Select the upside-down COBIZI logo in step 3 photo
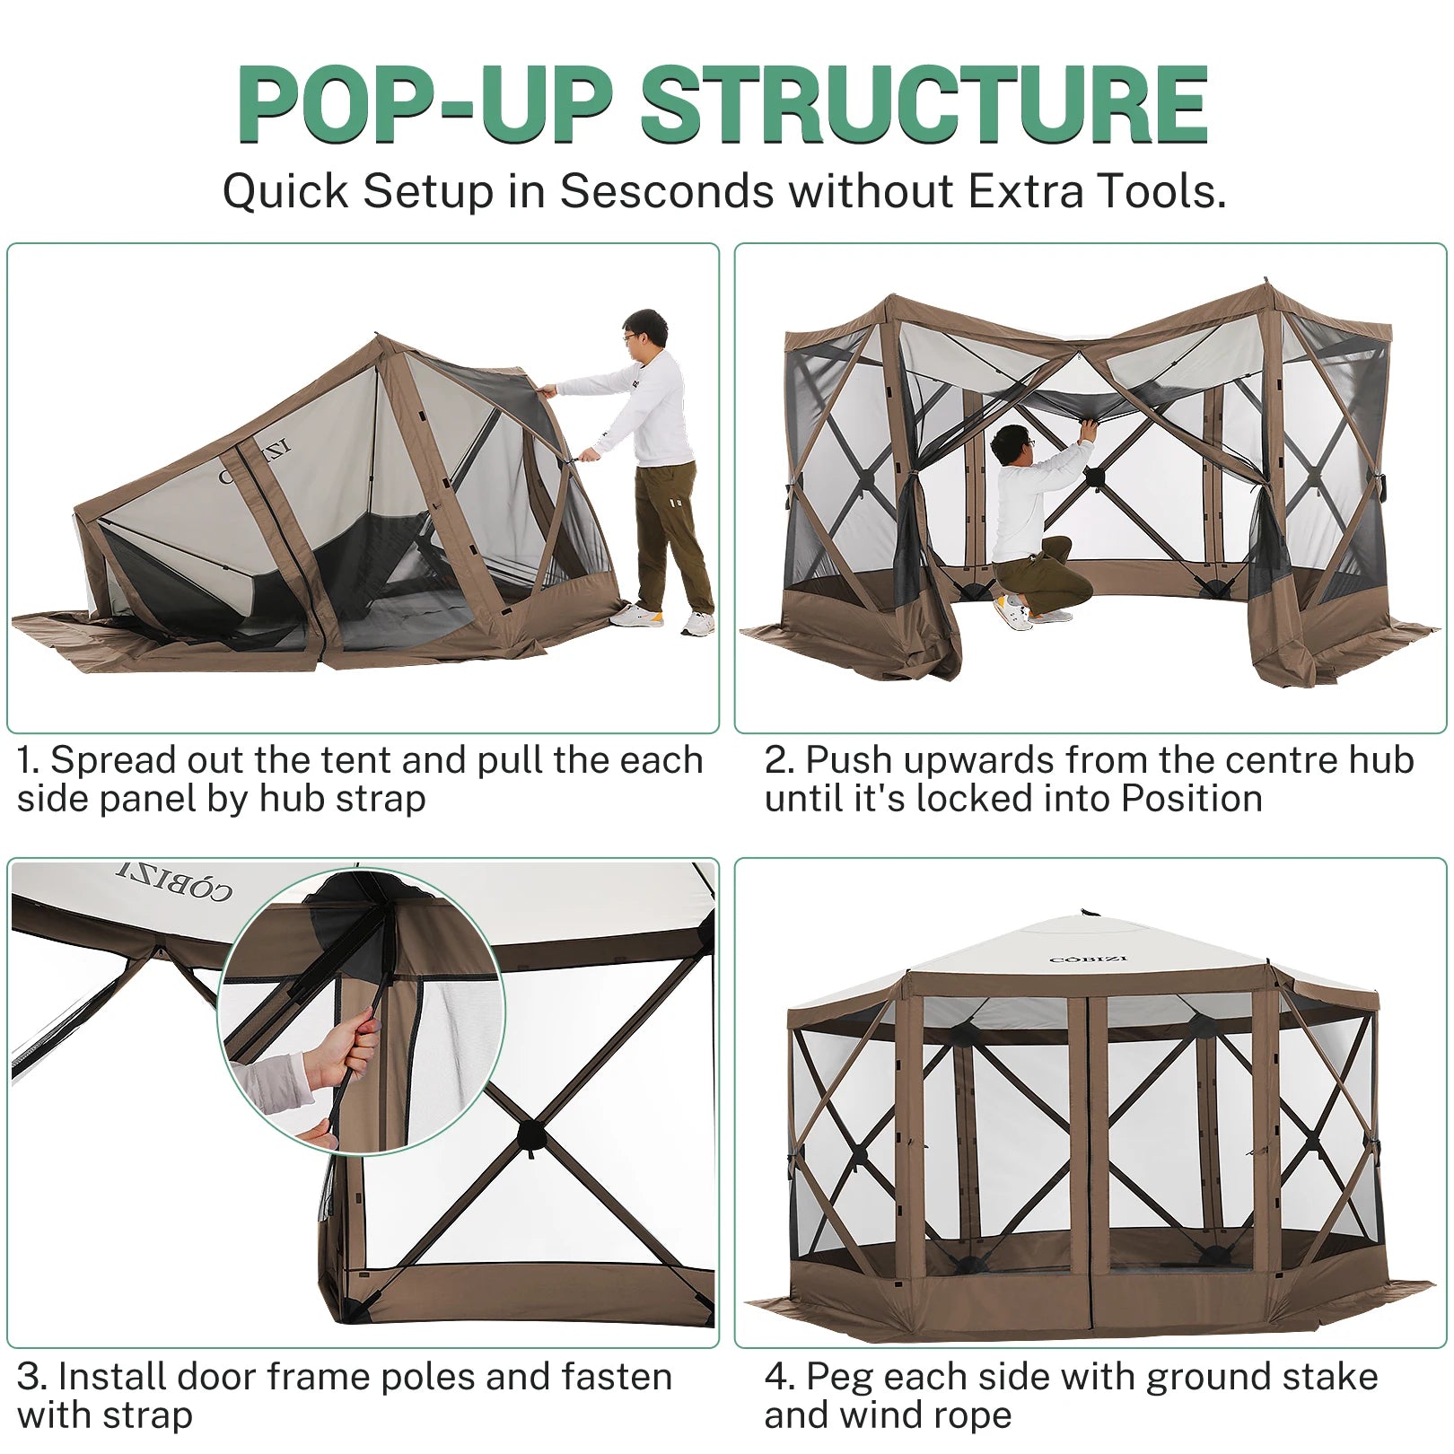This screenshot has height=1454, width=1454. [175, 880]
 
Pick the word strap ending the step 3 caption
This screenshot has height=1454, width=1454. [148, 1416]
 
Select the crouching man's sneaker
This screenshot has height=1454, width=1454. [1014, 611]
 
